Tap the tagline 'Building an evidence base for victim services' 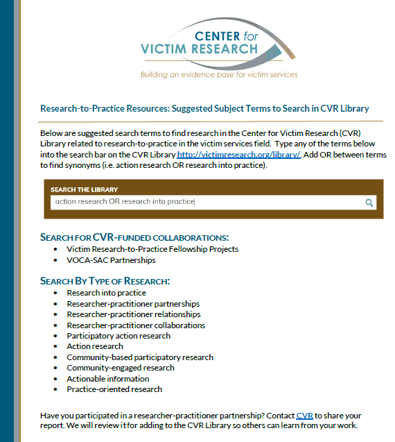(218, 74)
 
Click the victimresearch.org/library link (238, 155)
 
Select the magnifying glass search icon (369, 203)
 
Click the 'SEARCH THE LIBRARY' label (84, 189)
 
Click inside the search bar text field (208, 202)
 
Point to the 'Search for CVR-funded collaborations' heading (134, 237)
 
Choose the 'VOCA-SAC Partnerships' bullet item (111, 260)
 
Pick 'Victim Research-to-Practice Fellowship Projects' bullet (152, 249)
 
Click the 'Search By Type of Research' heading (105, 281)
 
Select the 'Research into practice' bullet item (106, 293)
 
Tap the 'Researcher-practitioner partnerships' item (133, 304)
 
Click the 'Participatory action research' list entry (118, 336)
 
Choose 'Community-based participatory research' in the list (139, 357)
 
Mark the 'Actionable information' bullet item (107, 379)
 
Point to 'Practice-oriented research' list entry (114, 389)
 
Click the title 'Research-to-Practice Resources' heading (204, 108)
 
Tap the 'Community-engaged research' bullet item (120, 368)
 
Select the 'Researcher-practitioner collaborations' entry (136, 325)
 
